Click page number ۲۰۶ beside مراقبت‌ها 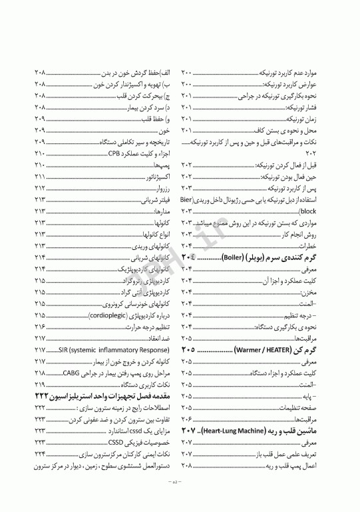(x=186, y=419)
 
